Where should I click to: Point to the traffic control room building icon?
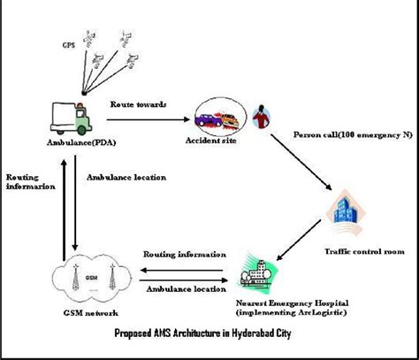coord(347,211)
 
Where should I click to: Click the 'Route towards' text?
coord(137,104)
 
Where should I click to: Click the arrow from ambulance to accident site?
coord(147,119)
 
